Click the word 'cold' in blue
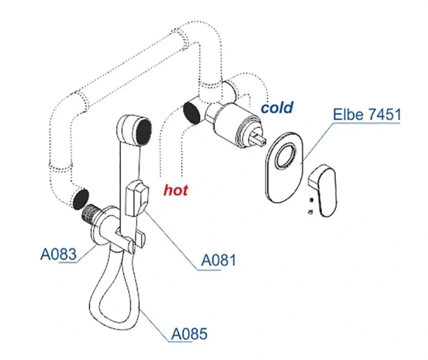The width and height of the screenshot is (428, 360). click(x=277, y=107)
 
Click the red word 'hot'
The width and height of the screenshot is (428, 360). click(x=176, y=190)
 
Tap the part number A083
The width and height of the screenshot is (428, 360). click(x=58, y=254)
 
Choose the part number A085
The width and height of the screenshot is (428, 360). click(x=189, y=333)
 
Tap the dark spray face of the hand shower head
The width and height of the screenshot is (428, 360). click(x=143, y=128)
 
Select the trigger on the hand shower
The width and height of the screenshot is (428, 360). click(x=137, y=197)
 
